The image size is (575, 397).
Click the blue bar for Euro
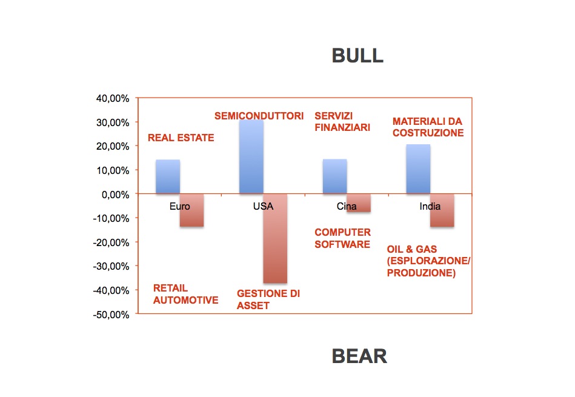(x=168, y=176)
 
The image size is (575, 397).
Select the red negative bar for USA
(x=275, y=238)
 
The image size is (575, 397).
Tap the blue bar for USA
(x=251, y=156)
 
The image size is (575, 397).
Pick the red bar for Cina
(x=359, y=203)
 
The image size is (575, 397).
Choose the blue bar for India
(x=419, y=168)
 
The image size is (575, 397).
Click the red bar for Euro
(x=192, y=210)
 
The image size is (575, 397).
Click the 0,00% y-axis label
(x=115, y=195)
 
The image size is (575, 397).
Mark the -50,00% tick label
(x=111, y=315)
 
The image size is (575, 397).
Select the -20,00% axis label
(x=111, y=242)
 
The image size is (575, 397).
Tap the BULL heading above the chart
(x=357, y=56)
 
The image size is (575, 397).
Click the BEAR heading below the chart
(x=359, y=356)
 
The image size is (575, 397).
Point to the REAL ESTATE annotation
(x=181, y=138)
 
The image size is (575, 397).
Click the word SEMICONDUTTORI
(x=259, y=116)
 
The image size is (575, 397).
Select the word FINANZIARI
(x=342, y=127)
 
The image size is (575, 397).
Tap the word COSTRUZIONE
(x=428, y=133)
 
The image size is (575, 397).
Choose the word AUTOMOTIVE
(x=185, y=300)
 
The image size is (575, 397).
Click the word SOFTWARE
(x=342, y=244)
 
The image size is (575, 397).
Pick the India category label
(x=430, y=206)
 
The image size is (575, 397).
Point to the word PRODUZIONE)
(x=421, y=273)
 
